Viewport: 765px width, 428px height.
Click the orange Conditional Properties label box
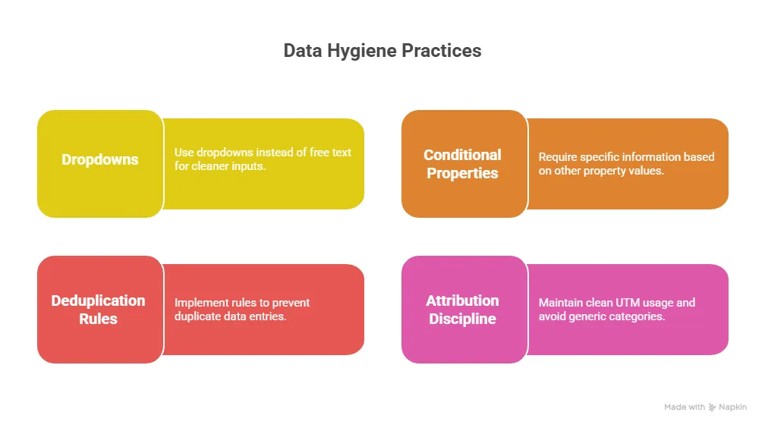(x=463, y=164)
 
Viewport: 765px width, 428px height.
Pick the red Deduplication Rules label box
(x=99, y=310)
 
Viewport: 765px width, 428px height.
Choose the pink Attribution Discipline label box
(x=462, y=310)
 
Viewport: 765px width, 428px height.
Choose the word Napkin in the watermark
(x=733, y=408)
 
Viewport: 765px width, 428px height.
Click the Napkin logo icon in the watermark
(x=713, y=408)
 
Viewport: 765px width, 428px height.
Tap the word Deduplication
(x=99, y=301)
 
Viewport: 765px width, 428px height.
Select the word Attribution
(x=462, y=301)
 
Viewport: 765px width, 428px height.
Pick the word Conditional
(x=462, y=155)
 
